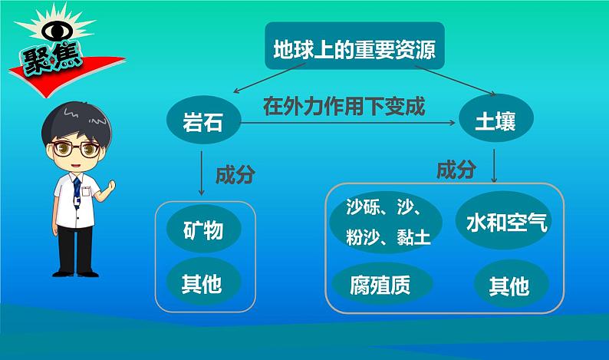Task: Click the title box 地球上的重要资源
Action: tap(354, 46)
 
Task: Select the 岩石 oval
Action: tap(203, 121)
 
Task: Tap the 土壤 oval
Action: tap(496, 118)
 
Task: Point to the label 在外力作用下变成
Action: tap(344, 107)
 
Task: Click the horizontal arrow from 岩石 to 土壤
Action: tap(348, 123)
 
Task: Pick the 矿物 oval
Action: tap(203, 229)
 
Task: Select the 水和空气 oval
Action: tap(506, 220)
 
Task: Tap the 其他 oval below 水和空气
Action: tap(511, 284)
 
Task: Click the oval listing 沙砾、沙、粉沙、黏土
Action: tap(386, 222)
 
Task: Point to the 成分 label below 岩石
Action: tap(235, 175)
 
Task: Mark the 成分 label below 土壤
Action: tap(456, 170)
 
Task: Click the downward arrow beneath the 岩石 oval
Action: tap(201, 173)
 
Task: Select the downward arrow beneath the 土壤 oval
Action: tap(494, 166)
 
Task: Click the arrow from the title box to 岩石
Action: tap(269, 78)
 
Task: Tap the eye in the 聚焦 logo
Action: tap(57, 31)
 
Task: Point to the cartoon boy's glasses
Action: tap(76, 149)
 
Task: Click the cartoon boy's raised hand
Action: tap(110, 187)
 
